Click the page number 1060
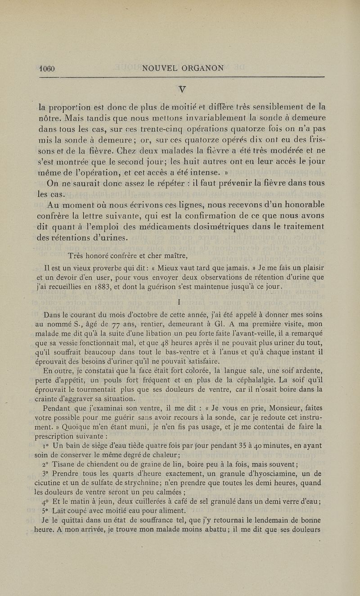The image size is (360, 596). [x=46, y=69]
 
